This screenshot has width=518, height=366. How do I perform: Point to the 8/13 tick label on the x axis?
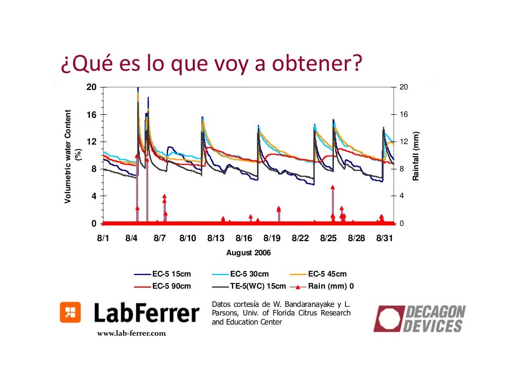[x=216, y=238]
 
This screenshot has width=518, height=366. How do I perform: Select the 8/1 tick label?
[x=103, y=238]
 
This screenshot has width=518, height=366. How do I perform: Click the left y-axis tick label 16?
[x=92, y=114]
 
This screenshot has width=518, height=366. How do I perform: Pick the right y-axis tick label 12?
[x=403, y=142]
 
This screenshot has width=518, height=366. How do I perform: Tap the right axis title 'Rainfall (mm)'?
[x=416, y=157]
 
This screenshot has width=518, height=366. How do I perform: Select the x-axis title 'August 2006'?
[x=248, y=252]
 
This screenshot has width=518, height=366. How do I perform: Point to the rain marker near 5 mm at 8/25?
[x=332, y=187]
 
